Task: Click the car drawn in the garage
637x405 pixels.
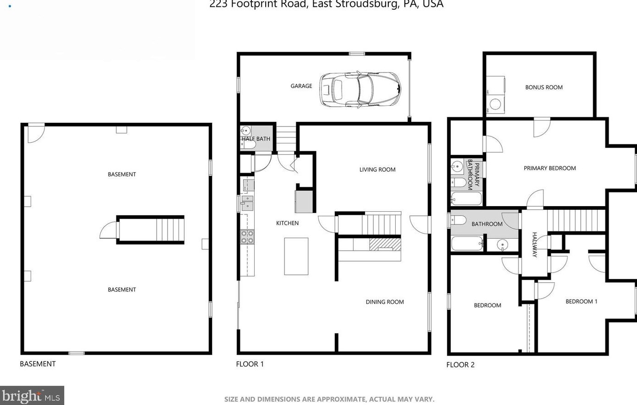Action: (x=360, y=90)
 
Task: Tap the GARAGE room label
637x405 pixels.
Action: (x=301, y=86)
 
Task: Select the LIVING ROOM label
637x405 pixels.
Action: (x=377, y=170)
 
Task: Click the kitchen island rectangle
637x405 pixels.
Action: (x=296, y=256)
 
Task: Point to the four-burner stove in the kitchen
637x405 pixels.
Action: (x=247, y=237)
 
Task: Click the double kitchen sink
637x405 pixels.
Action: (x=247, y=202)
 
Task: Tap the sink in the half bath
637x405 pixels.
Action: (x=245, y=131)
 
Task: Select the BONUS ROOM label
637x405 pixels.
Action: (x=544, y=88)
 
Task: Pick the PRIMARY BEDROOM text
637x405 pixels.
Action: (x=550, y=168)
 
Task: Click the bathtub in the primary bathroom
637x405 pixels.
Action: (x=466, y=198)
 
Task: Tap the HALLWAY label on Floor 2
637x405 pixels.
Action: (x=534, y=245)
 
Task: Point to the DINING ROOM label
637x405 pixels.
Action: (x=385, y=302)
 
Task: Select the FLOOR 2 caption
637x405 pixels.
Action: (x=460, y=365)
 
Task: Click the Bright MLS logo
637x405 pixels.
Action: (x=32, y=395)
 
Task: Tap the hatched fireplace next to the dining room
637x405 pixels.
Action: (x=385, y=244)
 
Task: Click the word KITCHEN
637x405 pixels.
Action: (x=287, y=223)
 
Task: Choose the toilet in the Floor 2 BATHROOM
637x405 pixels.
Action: (x=458, y=220)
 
